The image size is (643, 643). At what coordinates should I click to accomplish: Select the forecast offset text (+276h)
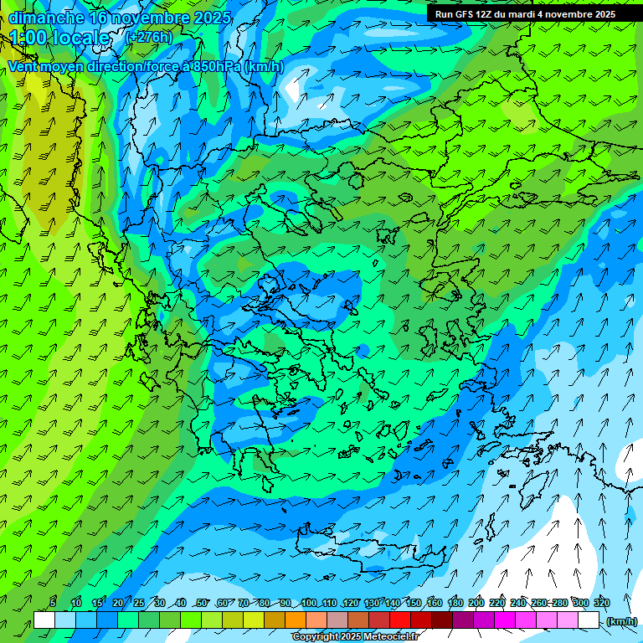pos(149,38)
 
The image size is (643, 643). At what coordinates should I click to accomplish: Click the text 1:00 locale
pos(59,38)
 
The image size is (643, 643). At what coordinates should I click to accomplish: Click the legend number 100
pos(309,604)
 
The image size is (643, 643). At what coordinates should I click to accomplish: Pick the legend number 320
pos(601,604)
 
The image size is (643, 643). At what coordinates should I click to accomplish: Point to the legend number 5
pos(53,604)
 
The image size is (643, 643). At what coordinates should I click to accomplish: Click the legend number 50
pos(202,604)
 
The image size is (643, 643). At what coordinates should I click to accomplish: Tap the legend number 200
pos(476,604)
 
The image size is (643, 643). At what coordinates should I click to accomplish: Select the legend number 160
pos(434,604)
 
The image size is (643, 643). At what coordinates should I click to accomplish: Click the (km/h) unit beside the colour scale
pos(621,621)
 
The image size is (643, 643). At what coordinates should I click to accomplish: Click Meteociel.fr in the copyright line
pos(387,637)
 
